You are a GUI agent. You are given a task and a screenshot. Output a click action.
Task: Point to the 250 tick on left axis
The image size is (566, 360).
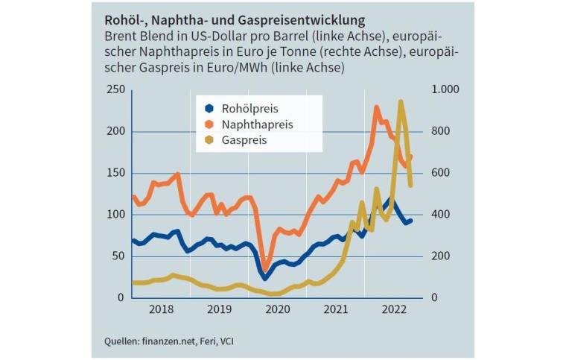(114, 90)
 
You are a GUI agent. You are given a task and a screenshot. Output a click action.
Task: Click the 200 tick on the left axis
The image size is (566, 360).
(114, 132)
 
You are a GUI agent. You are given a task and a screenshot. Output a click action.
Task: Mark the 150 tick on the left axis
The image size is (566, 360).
(114, 174)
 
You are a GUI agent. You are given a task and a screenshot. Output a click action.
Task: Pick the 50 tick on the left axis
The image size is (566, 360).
(117, 256)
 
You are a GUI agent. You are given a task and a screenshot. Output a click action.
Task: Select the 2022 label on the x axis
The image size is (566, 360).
(393, 308)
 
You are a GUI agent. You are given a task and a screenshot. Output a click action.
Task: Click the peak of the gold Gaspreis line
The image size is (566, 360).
(401, 102)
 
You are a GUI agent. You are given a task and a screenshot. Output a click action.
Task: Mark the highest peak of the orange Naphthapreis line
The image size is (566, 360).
(377, 107)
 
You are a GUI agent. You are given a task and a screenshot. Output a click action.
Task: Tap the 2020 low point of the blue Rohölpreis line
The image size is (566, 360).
(265, 277)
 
